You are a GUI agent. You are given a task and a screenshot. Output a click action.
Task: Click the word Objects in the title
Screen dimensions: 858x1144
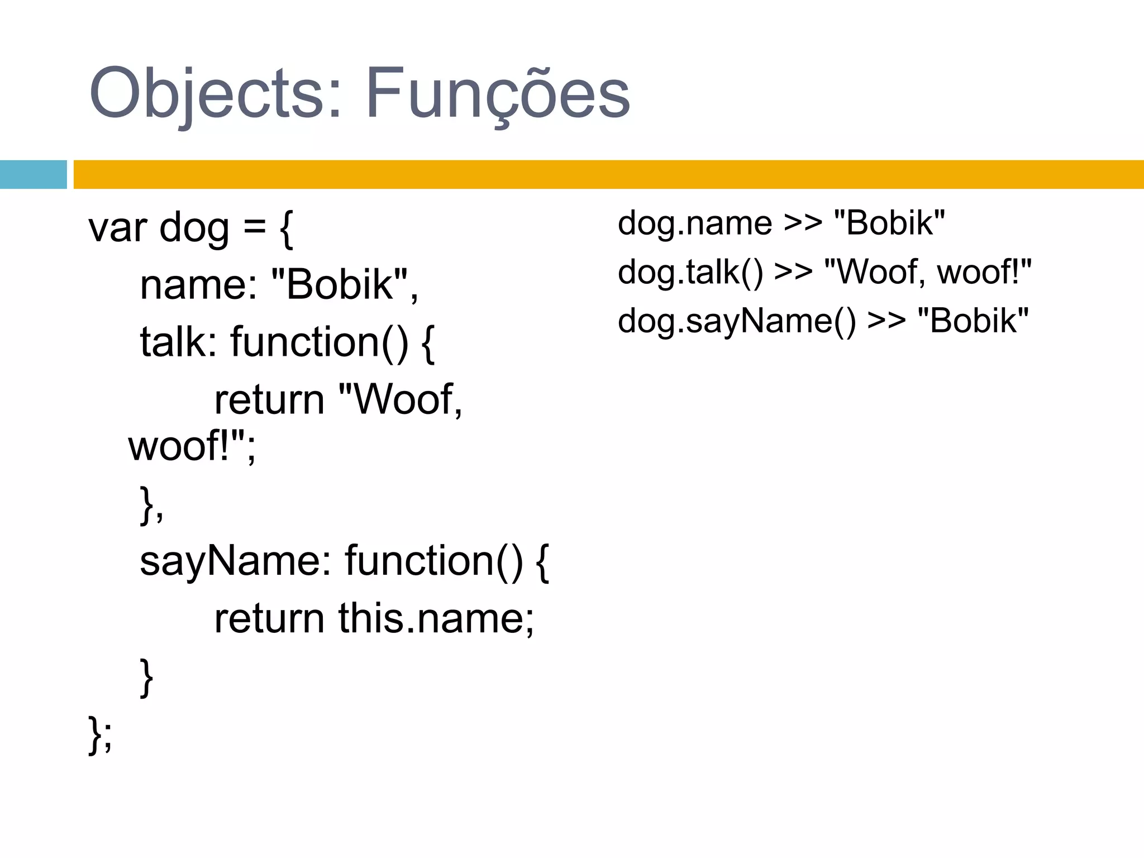pos(207,94)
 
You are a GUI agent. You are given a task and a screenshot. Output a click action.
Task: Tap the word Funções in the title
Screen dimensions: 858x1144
pos(497,94)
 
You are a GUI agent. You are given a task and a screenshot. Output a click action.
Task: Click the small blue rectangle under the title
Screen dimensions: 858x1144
pos(33,174)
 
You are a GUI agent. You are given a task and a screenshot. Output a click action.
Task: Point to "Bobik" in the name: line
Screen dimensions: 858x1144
pos(341,285)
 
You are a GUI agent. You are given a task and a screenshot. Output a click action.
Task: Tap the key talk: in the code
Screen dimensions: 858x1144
pos(178,342)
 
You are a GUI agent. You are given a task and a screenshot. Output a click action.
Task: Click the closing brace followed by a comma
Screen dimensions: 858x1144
pos(151,505)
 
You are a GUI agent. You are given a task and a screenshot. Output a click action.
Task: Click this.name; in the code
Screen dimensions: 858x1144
pos(436,619)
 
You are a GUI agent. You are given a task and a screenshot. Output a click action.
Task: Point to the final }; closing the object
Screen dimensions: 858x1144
pos(100,734)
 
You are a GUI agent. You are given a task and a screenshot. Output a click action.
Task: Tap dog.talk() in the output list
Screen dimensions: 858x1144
pos(690,273)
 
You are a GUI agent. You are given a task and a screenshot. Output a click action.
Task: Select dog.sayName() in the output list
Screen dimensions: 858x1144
pos(737,321)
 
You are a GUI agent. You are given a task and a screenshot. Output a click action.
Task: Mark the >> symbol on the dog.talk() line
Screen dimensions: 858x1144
pos(793,273)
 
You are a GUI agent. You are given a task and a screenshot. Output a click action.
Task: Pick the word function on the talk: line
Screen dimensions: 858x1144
pos(305,342)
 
